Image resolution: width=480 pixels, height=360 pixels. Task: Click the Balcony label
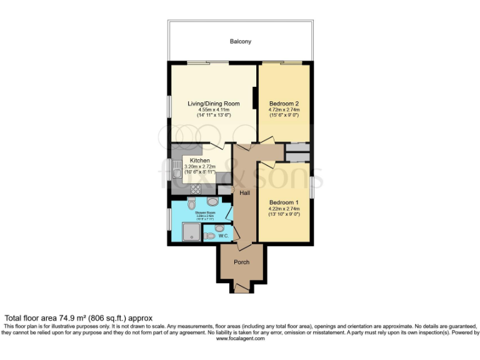(241, 42)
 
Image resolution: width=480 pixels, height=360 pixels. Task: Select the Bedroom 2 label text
(284, 104)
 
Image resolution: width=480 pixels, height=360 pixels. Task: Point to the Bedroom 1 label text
(284, 202)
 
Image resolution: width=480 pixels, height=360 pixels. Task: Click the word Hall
(244, 193)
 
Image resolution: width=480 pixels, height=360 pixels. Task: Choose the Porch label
(241, 262)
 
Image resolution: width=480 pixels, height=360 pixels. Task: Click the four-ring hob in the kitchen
(194, 189)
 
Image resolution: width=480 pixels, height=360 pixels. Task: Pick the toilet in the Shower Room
(191, 204)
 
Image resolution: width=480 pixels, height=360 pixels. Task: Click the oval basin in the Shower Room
(212, 202)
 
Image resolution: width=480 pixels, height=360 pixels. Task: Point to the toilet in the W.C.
(210, 236)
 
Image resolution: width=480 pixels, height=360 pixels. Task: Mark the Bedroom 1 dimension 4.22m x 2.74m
(284, 209)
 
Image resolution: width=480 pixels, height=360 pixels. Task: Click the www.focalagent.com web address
(240, 338)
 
